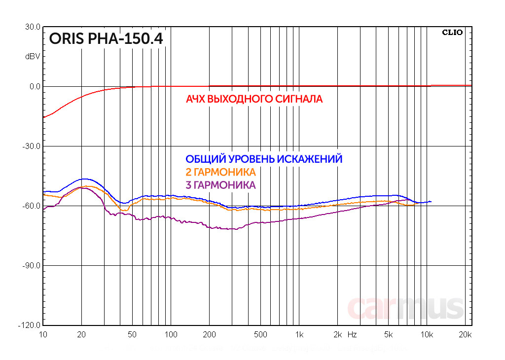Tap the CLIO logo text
[452, 33]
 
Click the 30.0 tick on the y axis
[33, 27]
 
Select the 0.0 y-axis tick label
[35, 87]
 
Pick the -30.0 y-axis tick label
[32, 146]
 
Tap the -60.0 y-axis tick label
[32, 206]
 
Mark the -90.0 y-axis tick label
[32, 266]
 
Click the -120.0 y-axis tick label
[30, 325]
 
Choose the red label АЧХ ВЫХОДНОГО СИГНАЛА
[254, 99]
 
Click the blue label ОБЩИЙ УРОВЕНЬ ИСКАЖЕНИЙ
[263, 159]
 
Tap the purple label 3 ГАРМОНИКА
[220, 185]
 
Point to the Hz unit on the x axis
[352, 334]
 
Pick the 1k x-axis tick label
[299, 334]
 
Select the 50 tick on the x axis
[132, 334]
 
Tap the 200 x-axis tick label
[210, 334]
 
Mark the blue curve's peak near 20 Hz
[85, 179]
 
